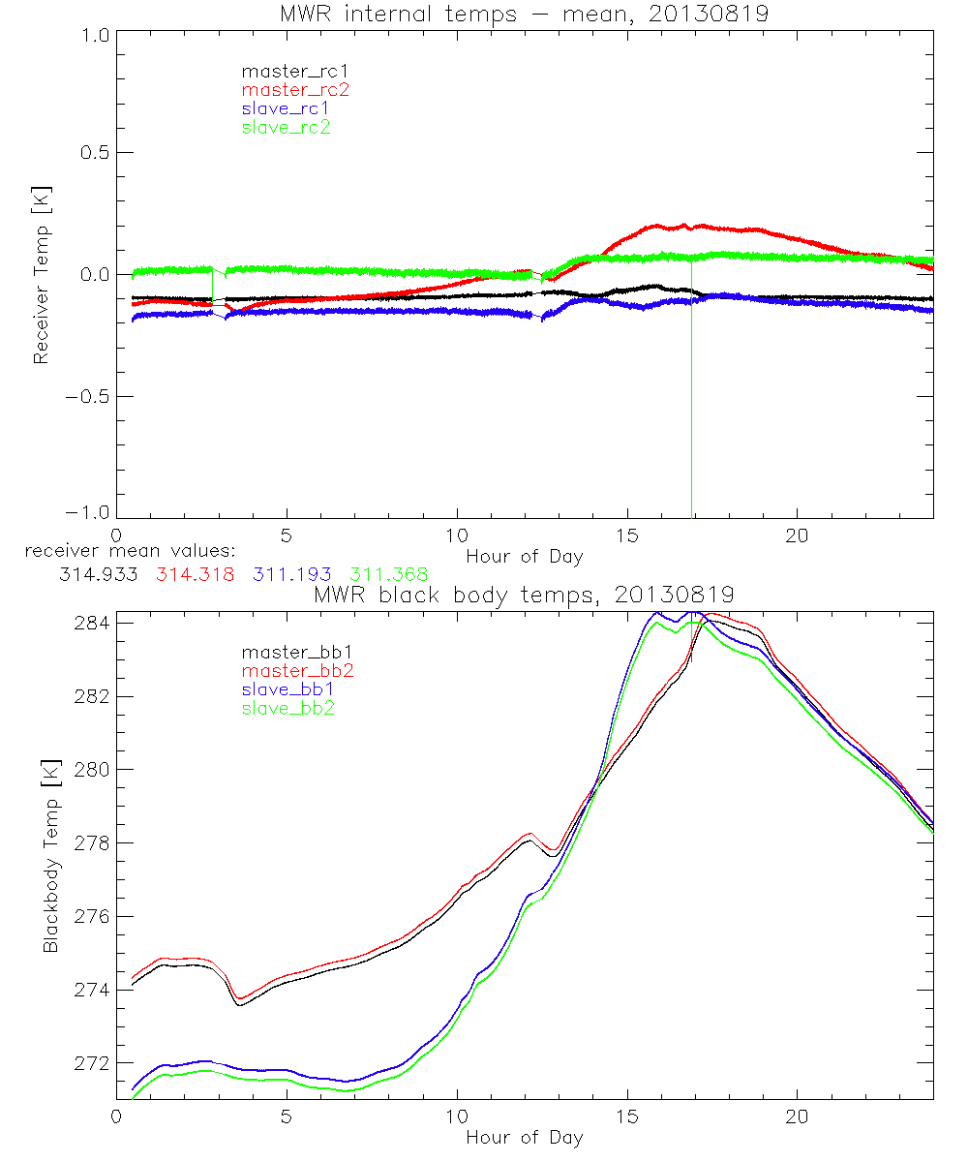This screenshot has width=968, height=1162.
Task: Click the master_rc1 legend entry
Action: tap(286, 72)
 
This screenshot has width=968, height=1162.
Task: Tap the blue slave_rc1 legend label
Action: tap(286, 108)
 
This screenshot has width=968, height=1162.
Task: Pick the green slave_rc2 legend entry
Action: tap(286, 127)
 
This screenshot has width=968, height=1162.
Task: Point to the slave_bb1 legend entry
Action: tap(286, 690)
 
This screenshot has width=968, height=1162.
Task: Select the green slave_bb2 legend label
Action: tap(286, 709)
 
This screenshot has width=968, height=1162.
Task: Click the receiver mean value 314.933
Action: tap(98, 575)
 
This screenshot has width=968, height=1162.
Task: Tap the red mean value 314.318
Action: tap(194, 575)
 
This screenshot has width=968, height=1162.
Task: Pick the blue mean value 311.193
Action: tap(290, 575)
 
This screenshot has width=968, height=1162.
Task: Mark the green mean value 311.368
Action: tap(387, 575)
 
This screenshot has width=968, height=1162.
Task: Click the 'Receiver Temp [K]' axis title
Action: tap(41, 275)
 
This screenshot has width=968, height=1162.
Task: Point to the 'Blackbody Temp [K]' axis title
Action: tap(50, 856)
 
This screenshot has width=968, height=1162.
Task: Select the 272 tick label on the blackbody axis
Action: tap(90, 1063)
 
